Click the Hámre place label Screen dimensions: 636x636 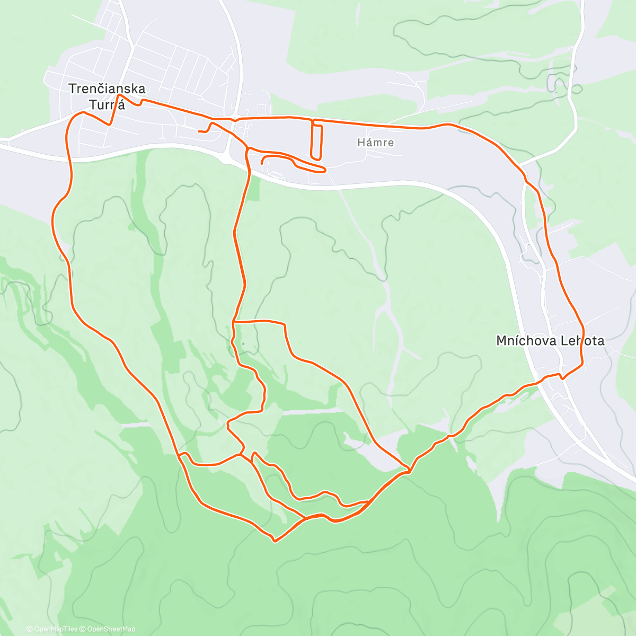(x=375, y=143)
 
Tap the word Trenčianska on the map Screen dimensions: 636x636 (x=107, y=89)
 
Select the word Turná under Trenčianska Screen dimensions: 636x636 (x=107, y=105)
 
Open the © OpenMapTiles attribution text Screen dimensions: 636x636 (x=52, y=629)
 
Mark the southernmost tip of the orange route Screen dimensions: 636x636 (x=274, y=541)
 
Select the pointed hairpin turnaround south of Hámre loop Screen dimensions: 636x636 (x=324, y=170)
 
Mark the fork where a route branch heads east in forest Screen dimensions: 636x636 (x=234, y=321)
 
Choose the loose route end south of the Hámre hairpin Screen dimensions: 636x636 (x=262, y=164)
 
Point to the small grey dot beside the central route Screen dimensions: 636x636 (x=243, y=344)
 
